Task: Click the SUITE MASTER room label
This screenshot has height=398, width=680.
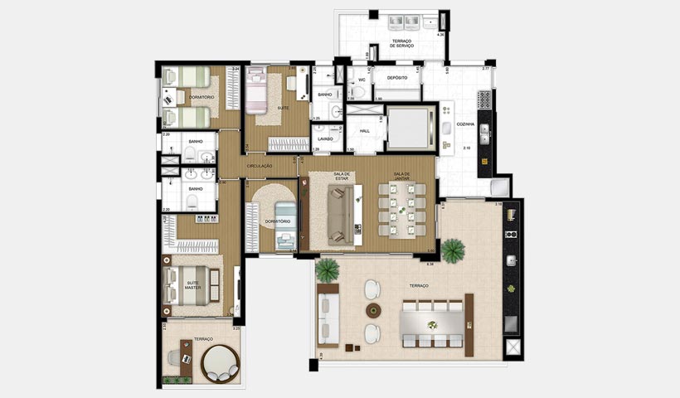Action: pyautogui.click(x=193, y=284)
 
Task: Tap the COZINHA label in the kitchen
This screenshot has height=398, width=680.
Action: pyautogui.click(x=465, y=124)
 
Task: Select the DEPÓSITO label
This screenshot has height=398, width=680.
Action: pyautogui.click(x=396, y=78)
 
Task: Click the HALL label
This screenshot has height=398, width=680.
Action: pyautogui.click(x=363, y=130)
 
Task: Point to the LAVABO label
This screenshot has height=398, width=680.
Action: pyautogui.click(x=325, y=138)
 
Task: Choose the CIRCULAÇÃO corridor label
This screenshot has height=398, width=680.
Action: pyautogui.click(x=260, y=166)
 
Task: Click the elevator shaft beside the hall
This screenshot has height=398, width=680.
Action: pyautogui.click(x=407, y=127)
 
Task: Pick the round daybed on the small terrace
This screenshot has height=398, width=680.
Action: pyautogui.click(x=220, y=363)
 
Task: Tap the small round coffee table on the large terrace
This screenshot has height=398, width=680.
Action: pyautogui.click(x=373, y=310)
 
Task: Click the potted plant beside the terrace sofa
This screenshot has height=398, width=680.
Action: pyautogui.click(x=328, y=269)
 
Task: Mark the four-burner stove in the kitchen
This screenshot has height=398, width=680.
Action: pyautogui.click(x=484, y=99)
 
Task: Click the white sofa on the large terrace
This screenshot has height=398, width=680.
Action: pyautogui.click(x=328, y=315)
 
